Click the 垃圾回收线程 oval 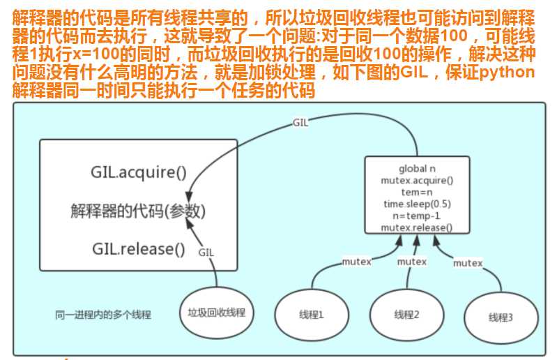tap(217, 313)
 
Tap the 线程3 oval tap(501, 317)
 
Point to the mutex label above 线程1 tap(356, 262)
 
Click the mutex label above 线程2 tap(411, 262)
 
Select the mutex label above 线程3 tap(468, 263)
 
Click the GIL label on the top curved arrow tap(300, 122)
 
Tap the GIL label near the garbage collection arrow tap(206, 253)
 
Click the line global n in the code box tap(417, 169)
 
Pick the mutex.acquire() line tap(417, 181)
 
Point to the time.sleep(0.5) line tap(417, 204)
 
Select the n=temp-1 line tap(417, 216)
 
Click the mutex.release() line tap(417, 227)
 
